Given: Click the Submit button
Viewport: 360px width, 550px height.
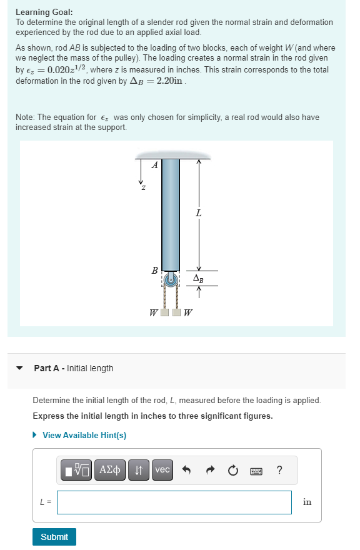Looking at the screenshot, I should click(x=54, y=537).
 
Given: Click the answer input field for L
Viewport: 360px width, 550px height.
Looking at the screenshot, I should click(x=174, y=502).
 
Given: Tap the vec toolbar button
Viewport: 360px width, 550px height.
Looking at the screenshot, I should click(x=162, y=470).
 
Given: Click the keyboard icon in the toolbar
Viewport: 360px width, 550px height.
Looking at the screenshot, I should click(x=256, y=470).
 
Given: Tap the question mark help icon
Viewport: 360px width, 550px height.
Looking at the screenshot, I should click(x=279, y=470).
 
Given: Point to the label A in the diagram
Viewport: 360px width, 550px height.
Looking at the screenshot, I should click(x=155, y=166).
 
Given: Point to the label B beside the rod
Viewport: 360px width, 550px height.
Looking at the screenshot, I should click(x=154, y=271).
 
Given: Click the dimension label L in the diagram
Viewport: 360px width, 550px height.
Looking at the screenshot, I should click(x=199, y=214).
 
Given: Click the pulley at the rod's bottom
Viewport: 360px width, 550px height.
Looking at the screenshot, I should click(x=170, y=279).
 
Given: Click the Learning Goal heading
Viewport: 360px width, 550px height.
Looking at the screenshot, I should click(x=44, y=12).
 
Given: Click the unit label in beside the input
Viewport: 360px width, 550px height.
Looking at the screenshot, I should click(x=307, y=502).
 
